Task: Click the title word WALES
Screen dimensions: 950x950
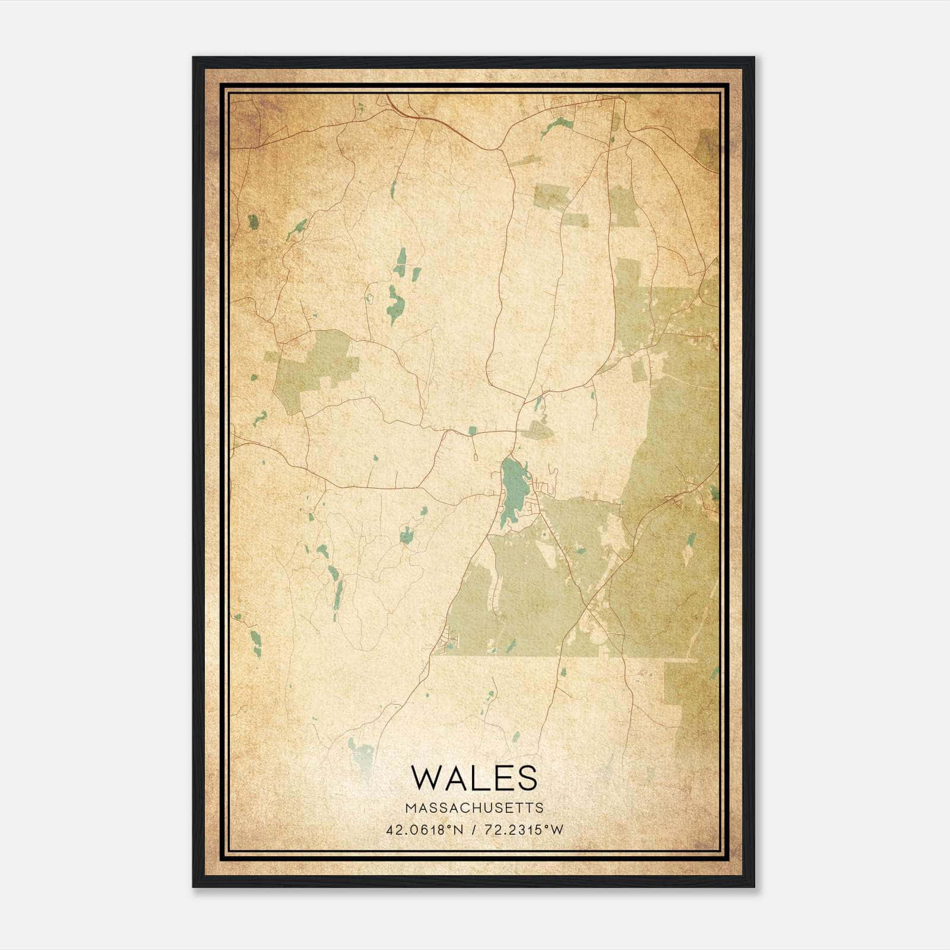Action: (474, 778)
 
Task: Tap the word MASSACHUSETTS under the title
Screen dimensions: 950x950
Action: (474, 807)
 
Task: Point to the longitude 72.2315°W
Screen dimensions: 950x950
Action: (522, 830)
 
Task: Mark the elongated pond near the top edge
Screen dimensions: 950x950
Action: (557, 125)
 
